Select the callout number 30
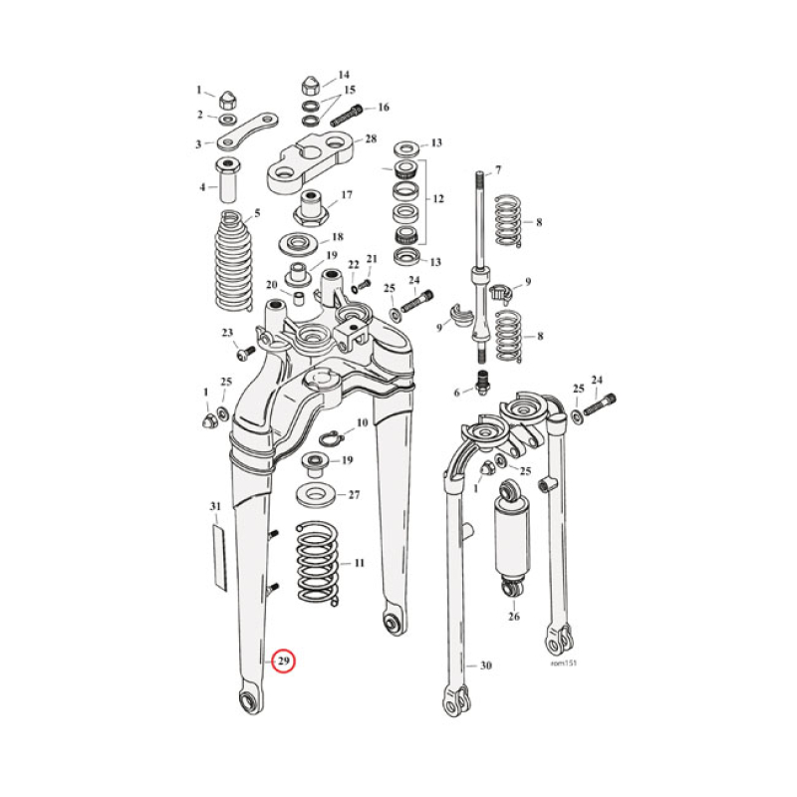[485, 665]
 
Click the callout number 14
[344, 75]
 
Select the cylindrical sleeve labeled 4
[228, 181]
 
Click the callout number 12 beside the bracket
[438, 200]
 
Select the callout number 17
[347, 195]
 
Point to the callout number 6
[456, 393]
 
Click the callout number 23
[226, 333]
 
